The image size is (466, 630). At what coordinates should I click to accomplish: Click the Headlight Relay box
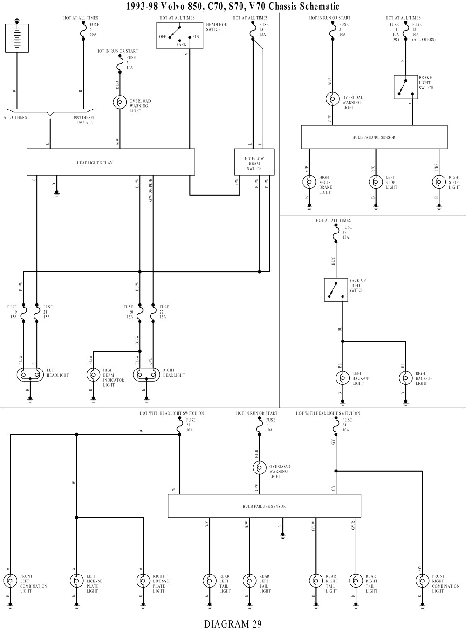pos(110,162)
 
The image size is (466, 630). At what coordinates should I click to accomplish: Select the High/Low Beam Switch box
pos(254,162)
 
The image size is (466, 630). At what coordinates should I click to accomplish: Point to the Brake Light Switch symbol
pos(405,87)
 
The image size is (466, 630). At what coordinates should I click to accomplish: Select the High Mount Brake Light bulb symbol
pos(309,183)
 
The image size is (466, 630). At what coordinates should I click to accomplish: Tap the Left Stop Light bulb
pos(376,183)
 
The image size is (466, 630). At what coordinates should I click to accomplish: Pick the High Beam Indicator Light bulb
pos(93,375)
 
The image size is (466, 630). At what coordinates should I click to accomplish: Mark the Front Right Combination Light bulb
pos(422,581)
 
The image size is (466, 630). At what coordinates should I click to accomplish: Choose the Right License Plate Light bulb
pos(143,581)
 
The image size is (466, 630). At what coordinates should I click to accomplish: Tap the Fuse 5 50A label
pos(94,29)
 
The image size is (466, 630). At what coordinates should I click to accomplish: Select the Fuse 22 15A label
pos(163,312)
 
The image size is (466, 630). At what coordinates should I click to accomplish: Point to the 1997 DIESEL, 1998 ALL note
pos(83,120)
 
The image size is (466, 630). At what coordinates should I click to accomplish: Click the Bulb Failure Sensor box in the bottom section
pos(264,506)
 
